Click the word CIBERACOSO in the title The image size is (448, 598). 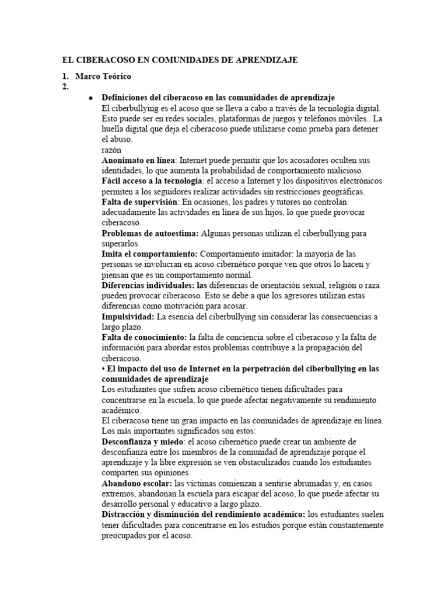[x=102, y=60]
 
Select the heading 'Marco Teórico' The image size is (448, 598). [x=103, y=77]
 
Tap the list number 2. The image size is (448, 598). [x=65, y=87]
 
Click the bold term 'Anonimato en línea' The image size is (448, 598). [x=139, y=161]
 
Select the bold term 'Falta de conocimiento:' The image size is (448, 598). [x=143, y=338]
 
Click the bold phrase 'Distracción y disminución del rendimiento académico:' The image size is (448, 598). [x=203, y=514]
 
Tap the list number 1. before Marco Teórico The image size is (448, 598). [x=65, y=77]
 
